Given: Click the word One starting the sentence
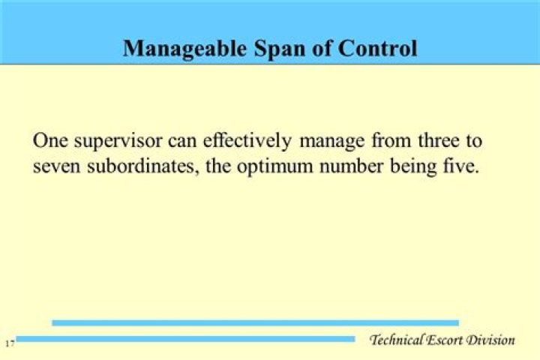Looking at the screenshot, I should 49,140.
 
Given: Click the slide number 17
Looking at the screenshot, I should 9,343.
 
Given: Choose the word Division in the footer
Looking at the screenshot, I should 491,340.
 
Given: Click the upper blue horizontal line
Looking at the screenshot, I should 255,322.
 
